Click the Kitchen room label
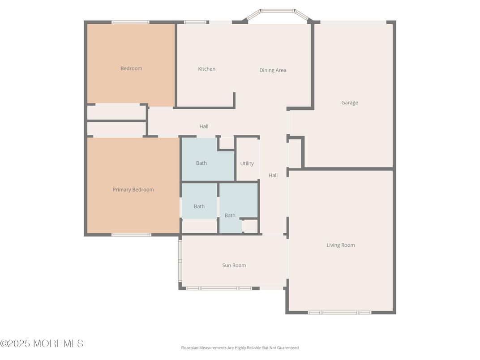click(206, 69)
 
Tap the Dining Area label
click(273, 70)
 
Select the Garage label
click(349, 103)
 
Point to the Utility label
click(247, 163)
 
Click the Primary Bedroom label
click(133, 189)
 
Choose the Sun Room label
click(234, 265)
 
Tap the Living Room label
click(340, 245)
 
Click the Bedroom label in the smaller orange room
click(131, 69)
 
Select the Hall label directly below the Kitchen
click(204, 126)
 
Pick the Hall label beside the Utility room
click(273, 175)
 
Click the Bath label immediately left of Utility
click(201, 163)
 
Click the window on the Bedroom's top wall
click(130, 22)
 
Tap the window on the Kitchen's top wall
click(196, 22)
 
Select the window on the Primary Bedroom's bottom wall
click(131, 235)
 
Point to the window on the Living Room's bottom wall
click(339, 312)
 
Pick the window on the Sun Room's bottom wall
click(219, 288)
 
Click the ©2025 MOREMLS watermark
click(42, 343)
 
